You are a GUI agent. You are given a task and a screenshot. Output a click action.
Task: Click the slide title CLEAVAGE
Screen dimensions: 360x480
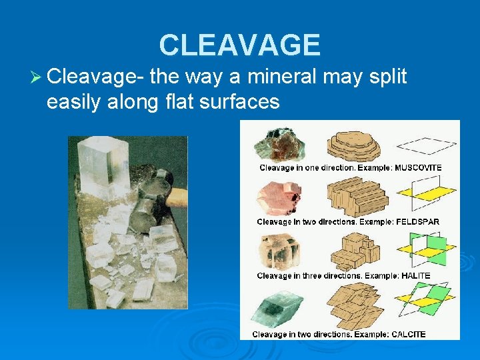[239, 45]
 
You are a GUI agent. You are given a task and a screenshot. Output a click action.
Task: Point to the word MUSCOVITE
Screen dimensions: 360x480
[418, 167]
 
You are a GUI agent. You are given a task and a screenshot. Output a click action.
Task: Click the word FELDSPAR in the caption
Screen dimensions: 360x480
[417, 221]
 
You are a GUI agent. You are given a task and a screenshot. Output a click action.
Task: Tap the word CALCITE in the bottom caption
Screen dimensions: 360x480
[405, 333]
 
